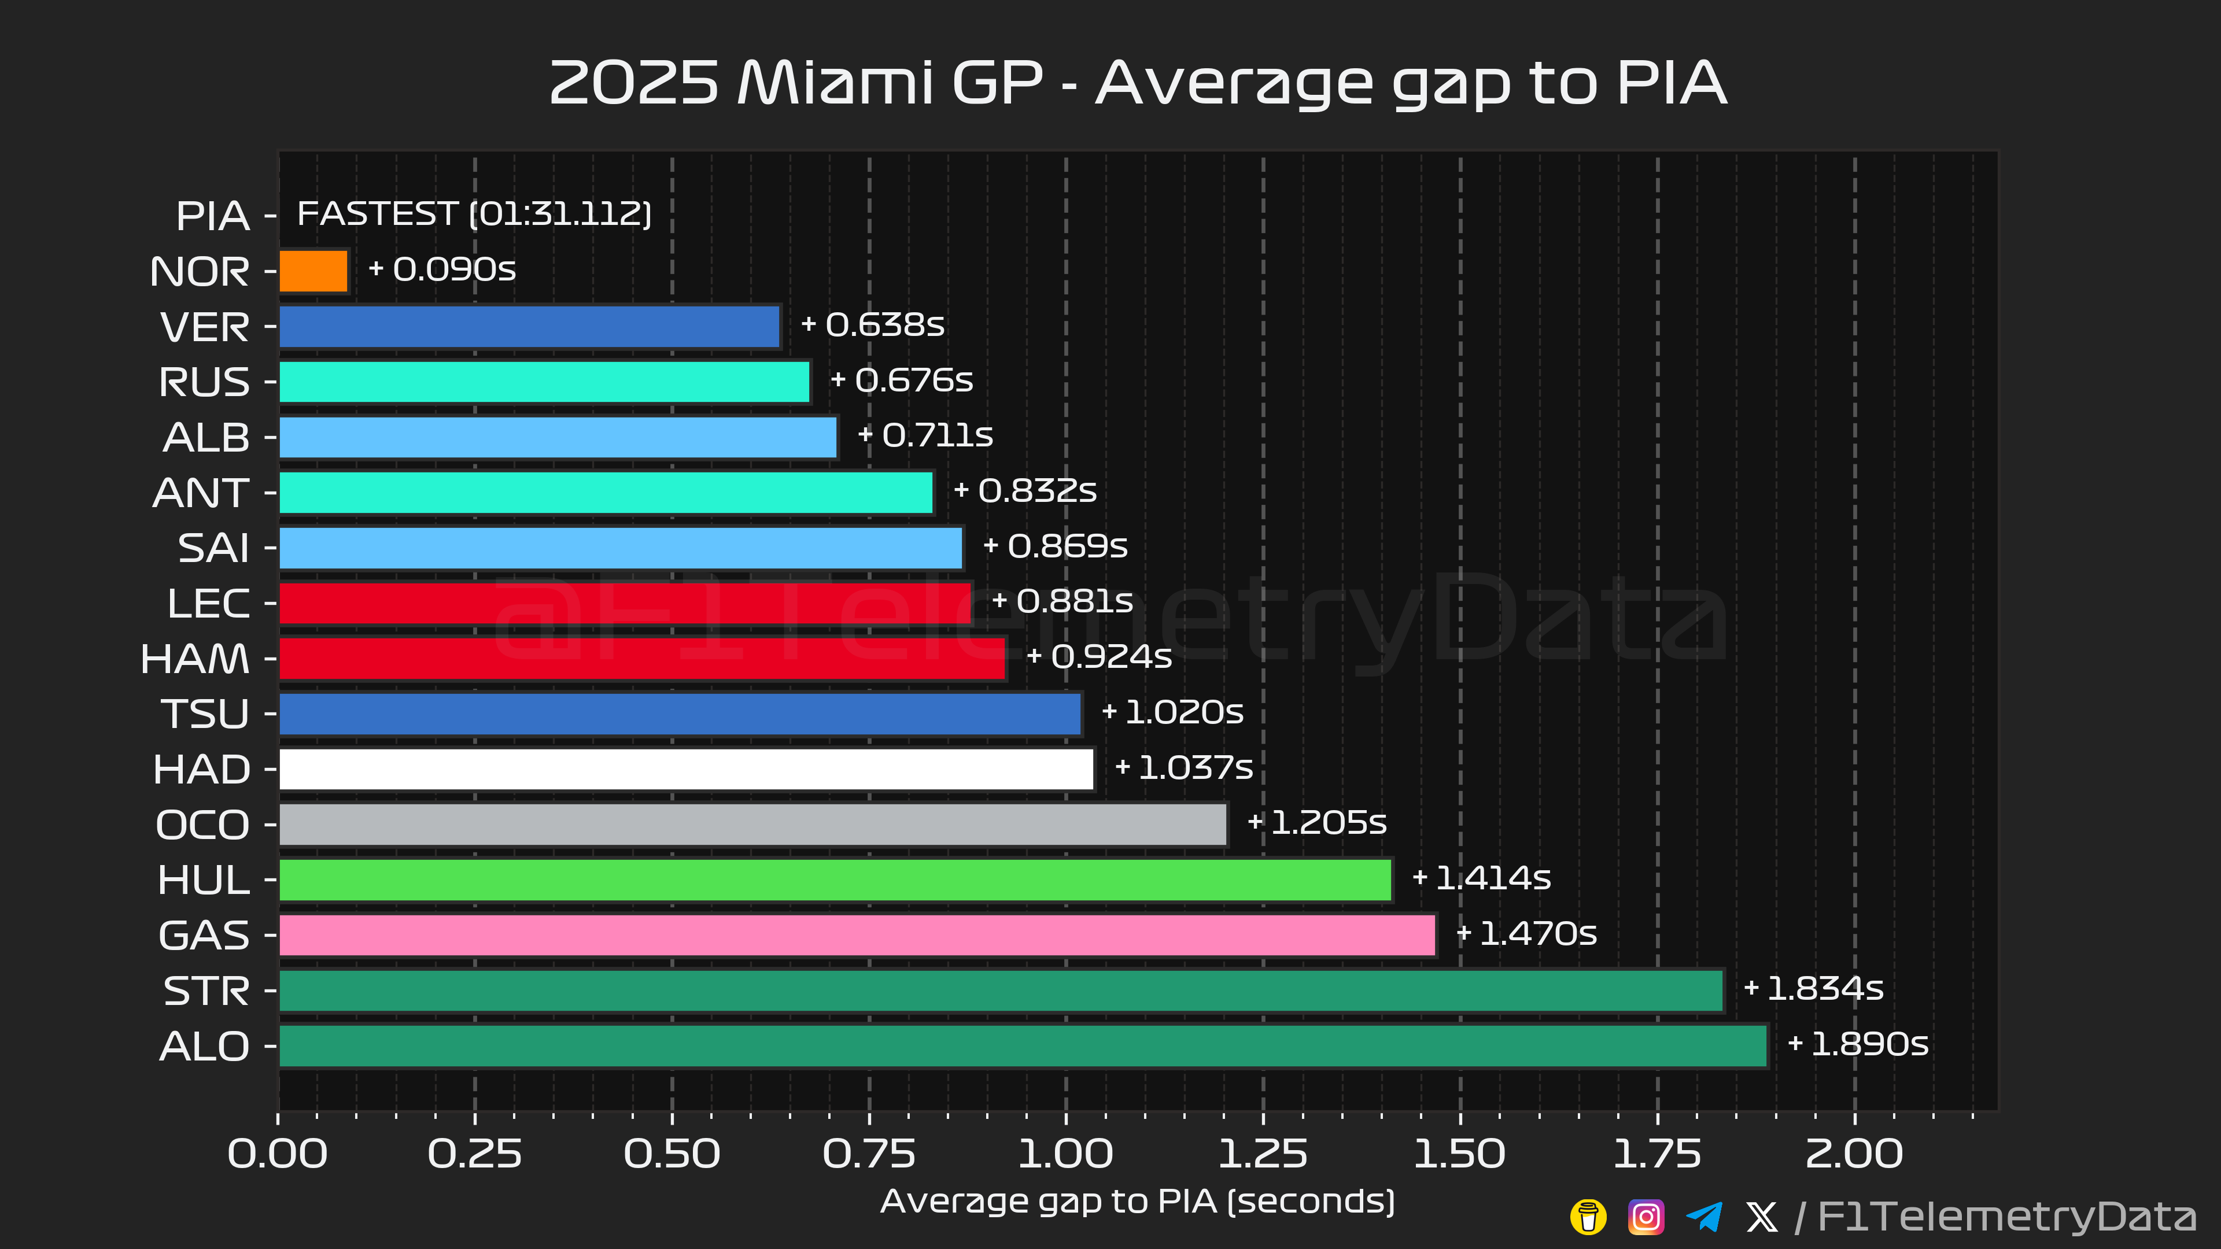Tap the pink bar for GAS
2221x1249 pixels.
857,935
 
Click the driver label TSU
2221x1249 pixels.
205,714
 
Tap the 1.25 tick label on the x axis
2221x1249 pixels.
1262,1154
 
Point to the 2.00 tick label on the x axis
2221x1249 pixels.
1854,1154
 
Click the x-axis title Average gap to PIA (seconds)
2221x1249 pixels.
1137,1202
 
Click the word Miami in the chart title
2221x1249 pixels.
835,84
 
